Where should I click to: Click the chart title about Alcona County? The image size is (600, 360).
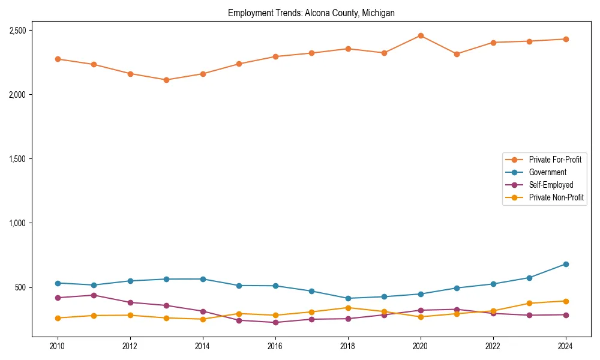click(311, 13)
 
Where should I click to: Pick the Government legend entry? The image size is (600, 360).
click(547, 172)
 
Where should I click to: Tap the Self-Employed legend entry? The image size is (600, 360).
click(551, 185)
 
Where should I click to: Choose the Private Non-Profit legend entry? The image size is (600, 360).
click(556, 197)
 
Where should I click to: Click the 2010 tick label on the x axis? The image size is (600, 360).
click(58, 346)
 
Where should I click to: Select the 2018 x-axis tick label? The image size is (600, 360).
click(348, 346)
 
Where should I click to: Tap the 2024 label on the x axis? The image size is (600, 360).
click(566, 346)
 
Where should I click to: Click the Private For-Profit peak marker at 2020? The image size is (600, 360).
click(421, 35)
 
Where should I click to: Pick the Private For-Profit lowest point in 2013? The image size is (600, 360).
click(166, 80)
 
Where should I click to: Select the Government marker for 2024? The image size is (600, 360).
click(566, 264)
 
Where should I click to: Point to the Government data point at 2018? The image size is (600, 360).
click(348, 298)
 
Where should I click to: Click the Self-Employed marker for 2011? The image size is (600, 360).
click(94, 295)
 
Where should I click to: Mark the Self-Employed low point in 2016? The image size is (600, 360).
click(275, 322)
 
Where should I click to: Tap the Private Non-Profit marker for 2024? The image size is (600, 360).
click(566, 301)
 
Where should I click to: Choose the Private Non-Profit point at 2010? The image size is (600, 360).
click(58, 318)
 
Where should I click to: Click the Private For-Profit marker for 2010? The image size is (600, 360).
click(58, 59)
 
